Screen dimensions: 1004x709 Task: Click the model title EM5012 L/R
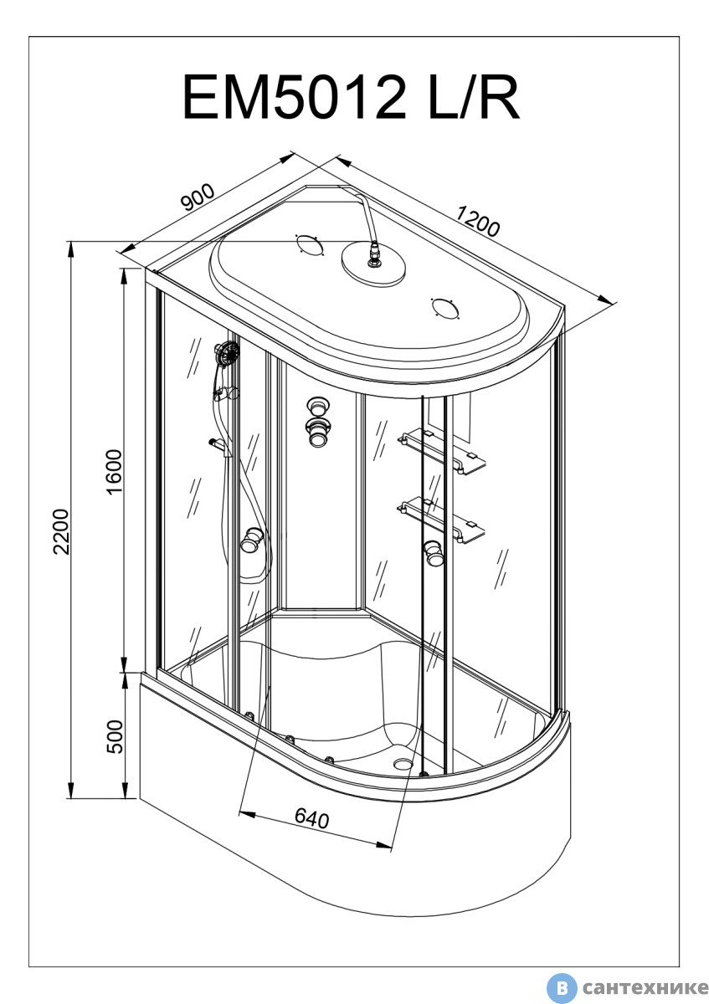(x=352, y=97)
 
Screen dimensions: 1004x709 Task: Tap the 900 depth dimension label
(x=198, y=198)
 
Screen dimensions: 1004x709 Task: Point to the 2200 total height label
(x=59, y=530)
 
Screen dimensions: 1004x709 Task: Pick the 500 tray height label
(x=115, y=736)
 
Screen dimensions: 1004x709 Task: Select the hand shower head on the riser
(x=225, y=355)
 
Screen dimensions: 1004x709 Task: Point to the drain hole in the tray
(x=404, y=762)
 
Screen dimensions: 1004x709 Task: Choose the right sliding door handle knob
(x=434, y=552)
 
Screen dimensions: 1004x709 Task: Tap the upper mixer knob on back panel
(x=317, y=406)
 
